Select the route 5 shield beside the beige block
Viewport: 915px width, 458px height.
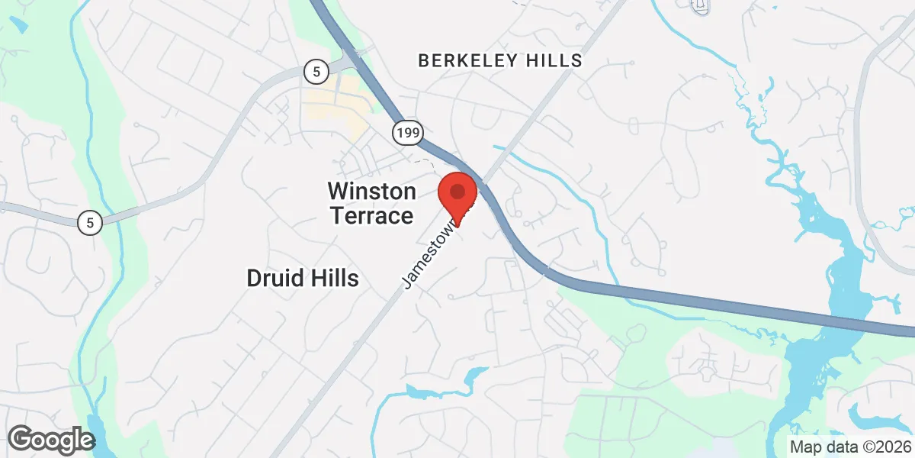316,73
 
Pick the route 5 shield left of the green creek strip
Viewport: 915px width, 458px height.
90,223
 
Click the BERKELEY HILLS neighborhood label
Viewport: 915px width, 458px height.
500,60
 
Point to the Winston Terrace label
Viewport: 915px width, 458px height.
371,203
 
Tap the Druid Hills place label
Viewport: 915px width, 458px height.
303,278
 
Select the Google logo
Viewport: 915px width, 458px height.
51,440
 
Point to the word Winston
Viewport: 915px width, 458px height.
371,191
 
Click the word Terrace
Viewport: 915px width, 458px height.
371,216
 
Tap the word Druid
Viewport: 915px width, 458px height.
271,278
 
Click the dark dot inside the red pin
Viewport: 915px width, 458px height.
458,190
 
